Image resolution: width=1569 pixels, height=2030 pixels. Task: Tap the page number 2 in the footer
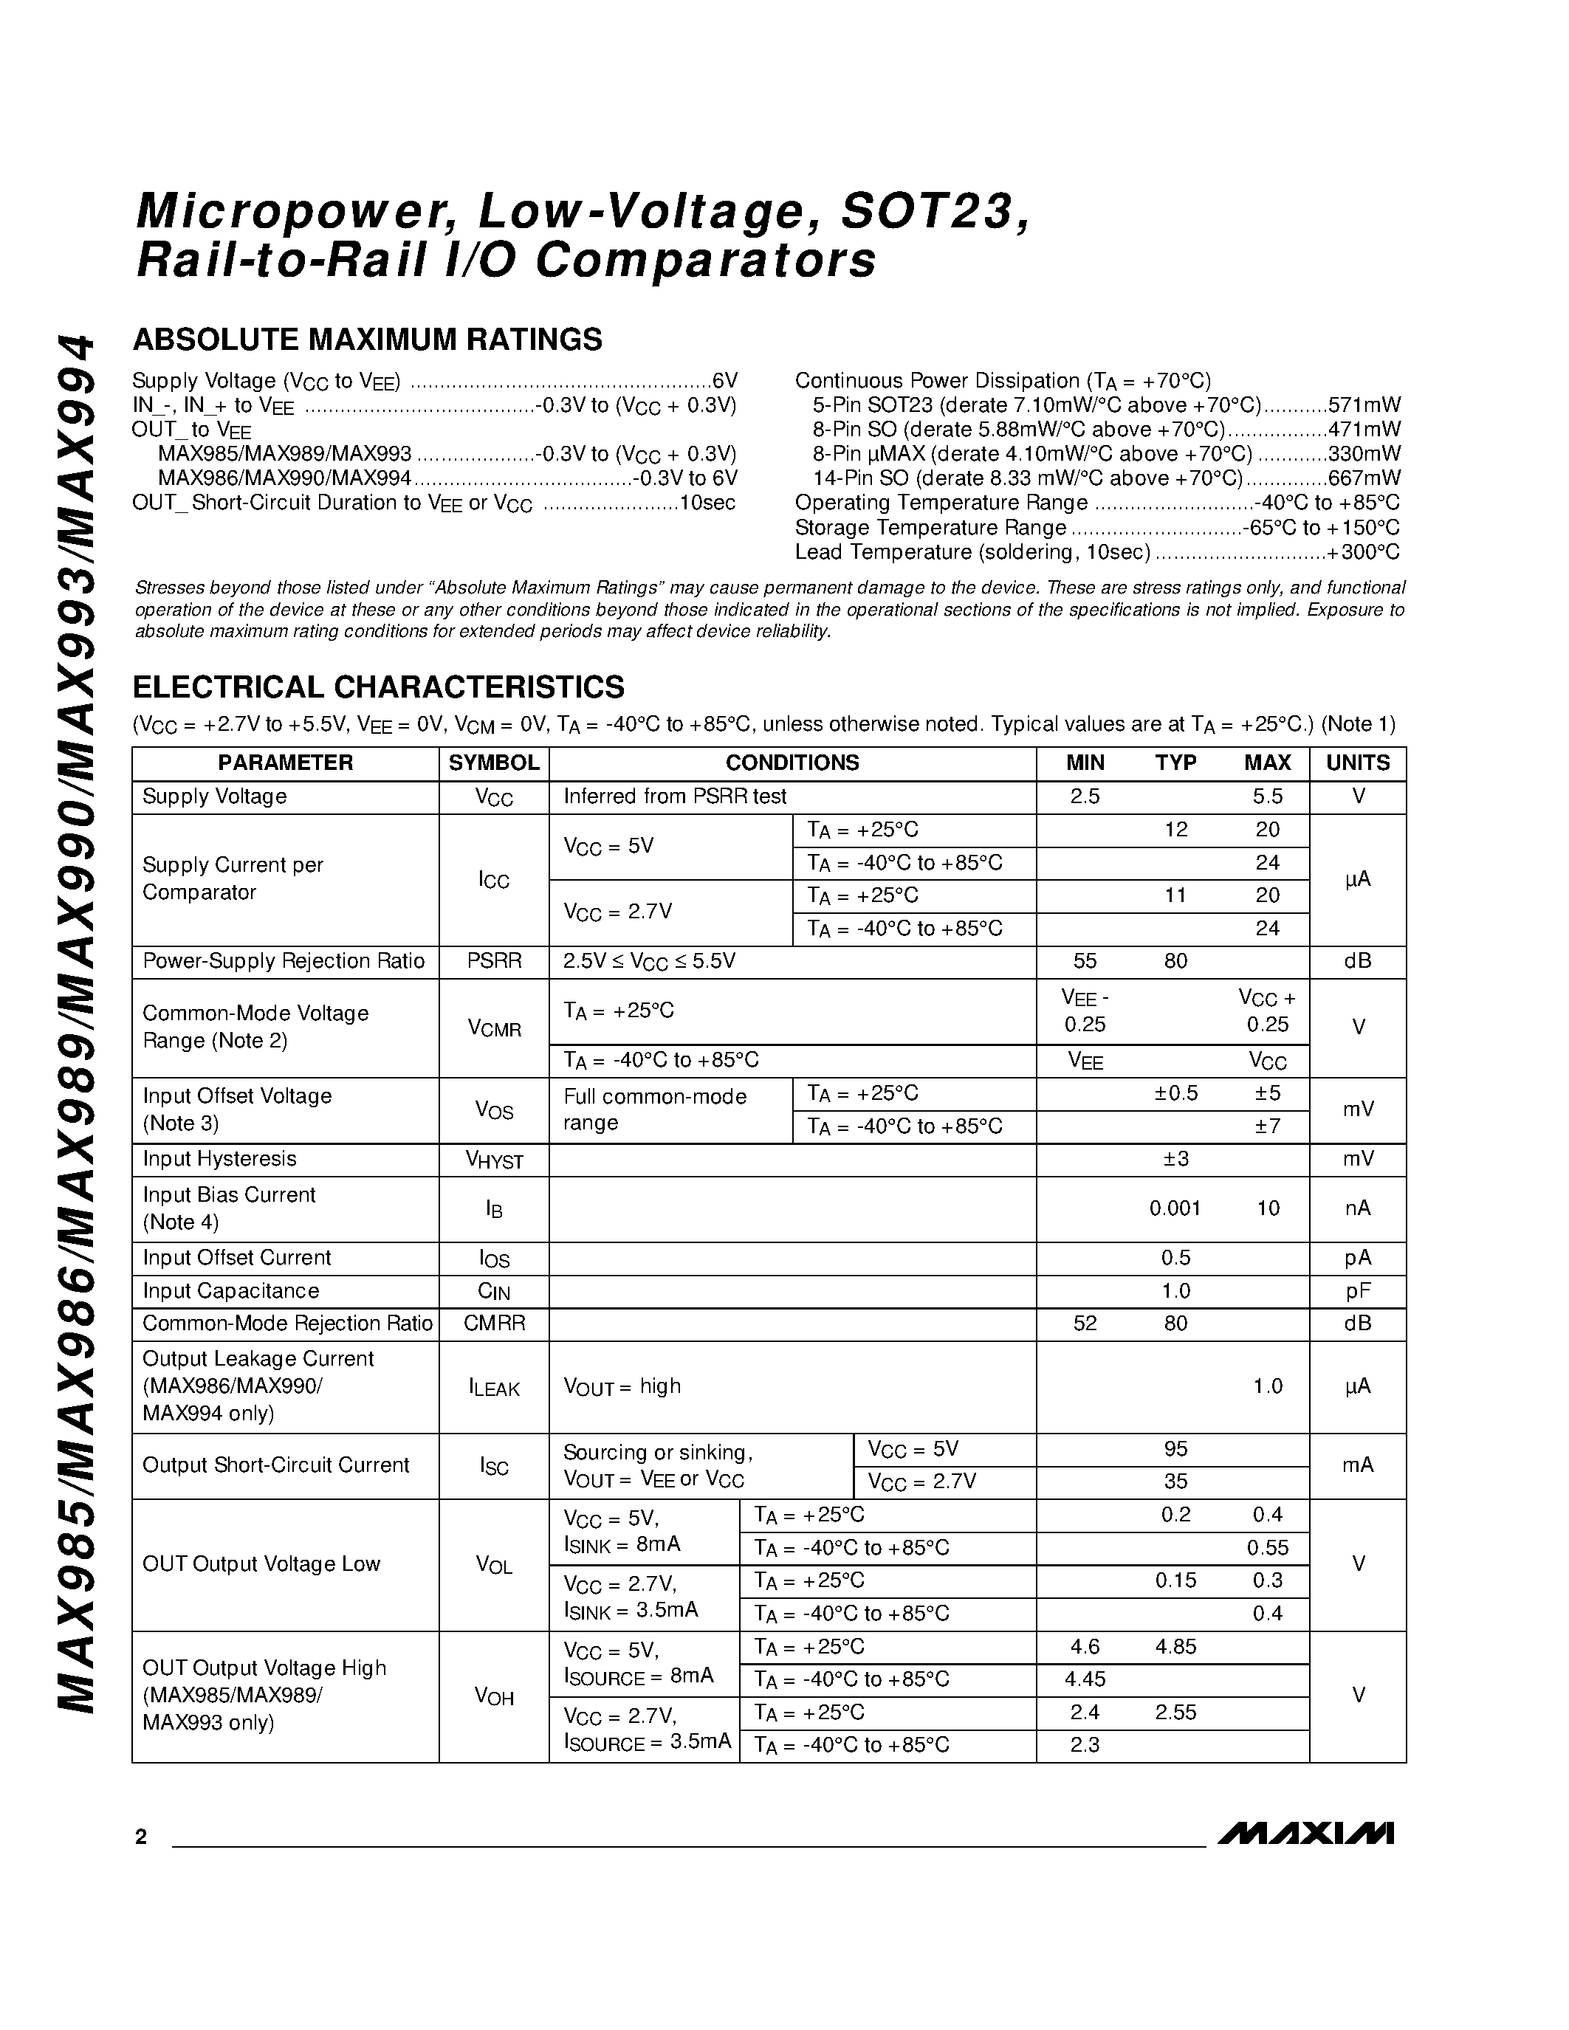tap(141, 1837)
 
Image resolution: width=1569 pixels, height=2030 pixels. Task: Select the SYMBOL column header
tap(493, 763)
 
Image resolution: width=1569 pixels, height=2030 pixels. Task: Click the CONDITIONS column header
tap(792, 763)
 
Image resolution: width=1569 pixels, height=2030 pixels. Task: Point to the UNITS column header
tap(1357, 763)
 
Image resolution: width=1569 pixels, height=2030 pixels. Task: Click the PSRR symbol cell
tap(493, 961)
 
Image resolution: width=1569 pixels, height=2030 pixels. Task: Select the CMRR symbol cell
tap(493, 1324)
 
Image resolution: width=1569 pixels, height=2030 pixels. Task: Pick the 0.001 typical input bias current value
tap(1175, 1208)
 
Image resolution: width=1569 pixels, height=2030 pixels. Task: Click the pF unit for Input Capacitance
tap(1357, 1291)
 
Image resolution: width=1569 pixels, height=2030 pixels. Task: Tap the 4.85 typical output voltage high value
tap(1175, 1647)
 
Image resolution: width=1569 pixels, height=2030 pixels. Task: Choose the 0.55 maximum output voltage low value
tap(1267, 1549)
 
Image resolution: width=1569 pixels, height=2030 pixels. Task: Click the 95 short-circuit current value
tap(1175, 1449)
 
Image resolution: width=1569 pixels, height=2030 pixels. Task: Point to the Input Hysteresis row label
tap(219, 1159)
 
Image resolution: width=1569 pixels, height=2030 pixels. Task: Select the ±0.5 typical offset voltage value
tap(1175, 1093)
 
